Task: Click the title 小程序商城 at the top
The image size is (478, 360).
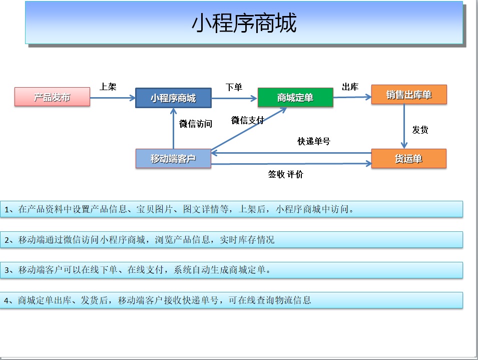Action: tap(244, 23)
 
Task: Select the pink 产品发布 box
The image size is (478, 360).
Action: tap(52, 97)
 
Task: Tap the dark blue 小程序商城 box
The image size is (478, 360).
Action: tap(173, 98)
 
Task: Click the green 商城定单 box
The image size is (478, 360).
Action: tap(295, 97)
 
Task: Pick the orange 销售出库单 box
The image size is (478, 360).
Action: tap(409, 95)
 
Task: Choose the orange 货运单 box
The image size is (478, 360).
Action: tap(408, 159)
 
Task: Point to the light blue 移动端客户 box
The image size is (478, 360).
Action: tap(173, 159)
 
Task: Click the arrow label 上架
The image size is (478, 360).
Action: tap(108, 87)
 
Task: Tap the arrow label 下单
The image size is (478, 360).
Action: tap(234, 87)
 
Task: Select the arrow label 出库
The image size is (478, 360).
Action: tap(350, 87)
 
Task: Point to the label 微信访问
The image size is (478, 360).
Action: tap(195, 124)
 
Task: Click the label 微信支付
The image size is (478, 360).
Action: tap(248, 120)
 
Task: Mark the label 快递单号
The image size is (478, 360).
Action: tap(314, 141)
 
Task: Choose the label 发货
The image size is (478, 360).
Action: tap(420, 130)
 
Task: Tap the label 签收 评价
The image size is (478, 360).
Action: tap(286, 174)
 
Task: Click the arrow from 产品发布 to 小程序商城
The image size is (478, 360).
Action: tap(113, 98)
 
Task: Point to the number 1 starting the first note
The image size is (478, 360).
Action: tap(7, 210)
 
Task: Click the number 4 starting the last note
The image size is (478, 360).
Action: tap(7, 301)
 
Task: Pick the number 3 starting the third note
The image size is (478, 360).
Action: tap(7, 270)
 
